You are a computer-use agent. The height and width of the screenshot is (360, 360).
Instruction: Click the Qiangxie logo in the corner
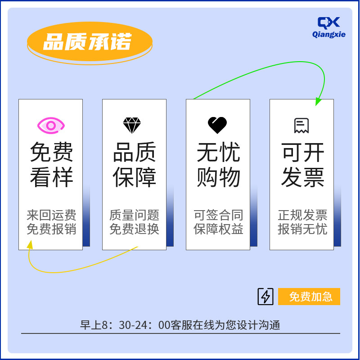pos(329,27)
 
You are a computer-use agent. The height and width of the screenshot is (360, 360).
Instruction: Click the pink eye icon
pos(51,126)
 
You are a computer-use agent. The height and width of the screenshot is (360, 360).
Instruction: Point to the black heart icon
pos(217,125)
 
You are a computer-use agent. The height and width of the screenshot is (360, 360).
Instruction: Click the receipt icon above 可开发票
pos(301,126)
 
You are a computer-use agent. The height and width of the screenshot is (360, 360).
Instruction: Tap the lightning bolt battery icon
pos(265,297)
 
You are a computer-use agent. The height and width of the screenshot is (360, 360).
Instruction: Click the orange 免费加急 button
pos(309,297)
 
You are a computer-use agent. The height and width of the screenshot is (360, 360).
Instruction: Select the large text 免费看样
pos(51,165)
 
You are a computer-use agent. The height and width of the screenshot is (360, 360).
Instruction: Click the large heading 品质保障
pos(135,165)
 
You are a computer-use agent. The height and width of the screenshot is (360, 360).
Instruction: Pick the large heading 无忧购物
pos(218,165)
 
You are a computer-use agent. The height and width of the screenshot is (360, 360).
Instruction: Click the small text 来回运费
pos(51,215)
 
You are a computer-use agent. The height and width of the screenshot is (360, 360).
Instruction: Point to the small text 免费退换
pos(135,229)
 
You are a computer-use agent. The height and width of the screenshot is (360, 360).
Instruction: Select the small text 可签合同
pos(218,215)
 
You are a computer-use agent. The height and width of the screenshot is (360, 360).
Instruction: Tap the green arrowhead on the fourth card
pos(319,102)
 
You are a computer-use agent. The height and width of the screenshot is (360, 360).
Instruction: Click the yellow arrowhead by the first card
pos(30,244)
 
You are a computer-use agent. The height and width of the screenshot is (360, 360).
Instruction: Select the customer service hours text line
pos(180,325)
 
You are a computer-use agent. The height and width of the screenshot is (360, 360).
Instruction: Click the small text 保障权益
pos(218,229)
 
